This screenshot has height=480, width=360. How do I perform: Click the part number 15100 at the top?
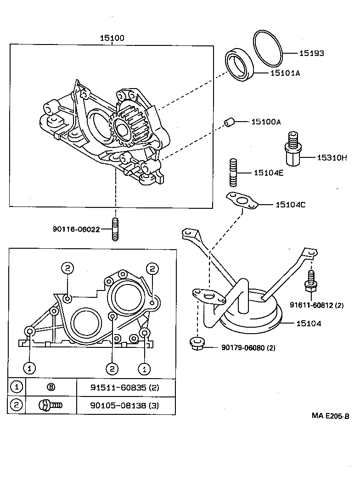112,39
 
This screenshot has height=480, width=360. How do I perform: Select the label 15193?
312,53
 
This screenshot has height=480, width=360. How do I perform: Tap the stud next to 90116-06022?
115,229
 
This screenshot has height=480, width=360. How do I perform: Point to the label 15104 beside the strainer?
309,324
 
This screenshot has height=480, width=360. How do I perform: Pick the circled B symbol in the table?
51,387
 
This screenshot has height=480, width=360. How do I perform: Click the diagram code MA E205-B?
330,416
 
